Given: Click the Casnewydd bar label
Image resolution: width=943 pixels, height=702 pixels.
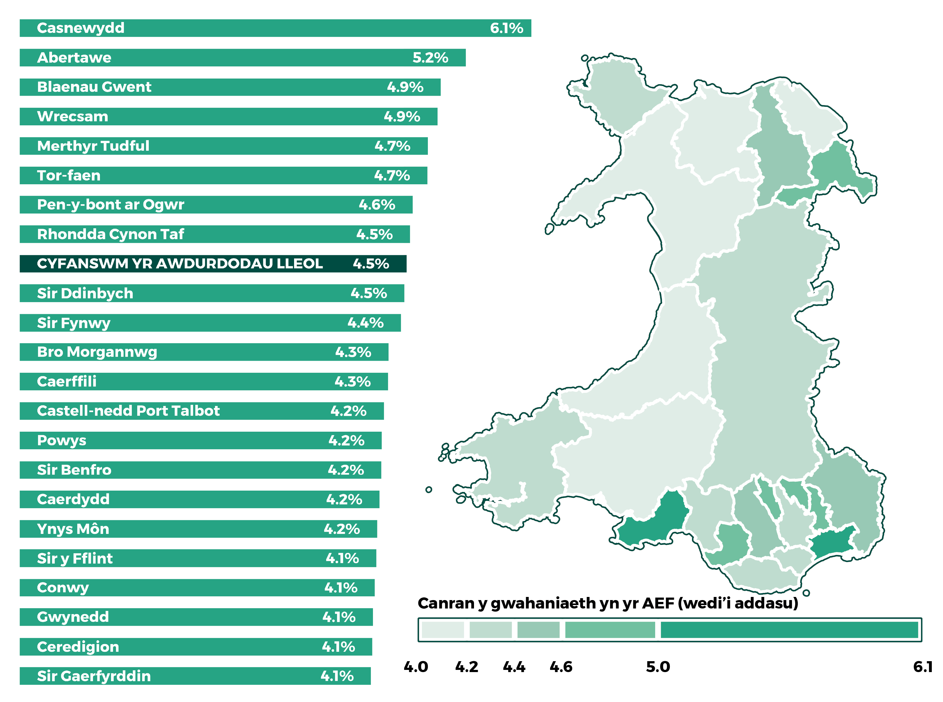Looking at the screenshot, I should pos(80,28).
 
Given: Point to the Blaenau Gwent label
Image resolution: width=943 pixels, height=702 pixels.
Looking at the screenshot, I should pos(94,87).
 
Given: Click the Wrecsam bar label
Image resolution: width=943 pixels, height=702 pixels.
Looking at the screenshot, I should pos(72,117).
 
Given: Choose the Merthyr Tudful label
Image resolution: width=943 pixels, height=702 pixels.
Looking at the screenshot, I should pos(93,146).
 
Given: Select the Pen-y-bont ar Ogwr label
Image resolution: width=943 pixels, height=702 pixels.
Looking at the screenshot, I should pos(110,205).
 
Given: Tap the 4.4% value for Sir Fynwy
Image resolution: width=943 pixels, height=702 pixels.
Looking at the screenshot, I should pos(365,323).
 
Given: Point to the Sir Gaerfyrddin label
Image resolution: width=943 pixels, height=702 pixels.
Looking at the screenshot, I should pos(94,676).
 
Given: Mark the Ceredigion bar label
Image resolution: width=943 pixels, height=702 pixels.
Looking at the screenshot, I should pos(78,647).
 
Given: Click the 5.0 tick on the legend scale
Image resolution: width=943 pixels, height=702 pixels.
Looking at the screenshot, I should pos(657,667).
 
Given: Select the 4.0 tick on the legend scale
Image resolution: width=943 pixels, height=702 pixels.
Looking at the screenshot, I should pos(415,667).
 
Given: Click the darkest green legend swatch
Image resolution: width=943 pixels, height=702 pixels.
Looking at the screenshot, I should pos(789,630).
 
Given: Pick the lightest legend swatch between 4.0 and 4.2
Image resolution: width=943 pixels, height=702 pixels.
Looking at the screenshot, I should pos(442,630).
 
